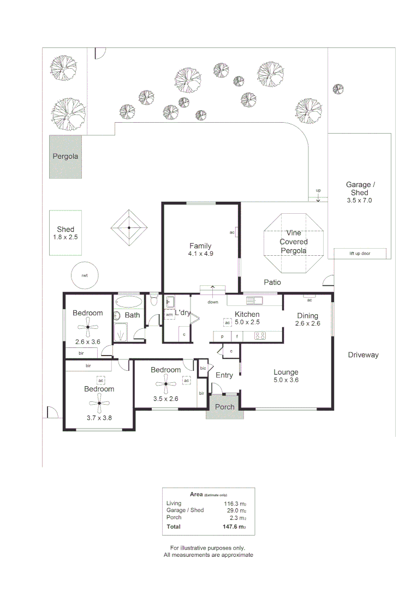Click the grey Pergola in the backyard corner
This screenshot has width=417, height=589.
pos(65,157)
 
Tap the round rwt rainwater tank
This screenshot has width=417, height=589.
pos(85,275)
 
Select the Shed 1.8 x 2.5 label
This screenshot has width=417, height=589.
pos(65,233)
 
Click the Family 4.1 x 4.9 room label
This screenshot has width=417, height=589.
pos(200,250)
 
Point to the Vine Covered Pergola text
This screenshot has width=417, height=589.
pos(294,242)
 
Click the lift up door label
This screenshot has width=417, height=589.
pos(360,254)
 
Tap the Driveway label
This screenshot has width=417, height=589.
pos(363,355)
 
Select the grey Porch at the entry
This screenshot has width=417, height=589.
pos(224,407)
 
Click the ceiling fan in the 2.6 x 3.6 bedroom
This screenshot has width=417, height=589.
pos(88,327)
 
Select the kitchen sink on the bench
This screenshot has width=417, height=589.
pos(254,300)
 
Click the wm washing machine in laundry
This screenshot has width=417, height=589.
pos(169,315)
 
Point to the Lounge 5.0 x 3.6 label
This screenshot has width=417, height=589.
pos(286,376)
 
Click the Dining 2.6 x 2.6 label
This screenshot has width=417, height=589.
pos(308,320)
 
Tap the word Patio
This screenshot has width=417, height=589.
pos(272,283)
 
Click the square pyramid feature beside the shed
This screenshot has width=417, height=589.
pos(129,227)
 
